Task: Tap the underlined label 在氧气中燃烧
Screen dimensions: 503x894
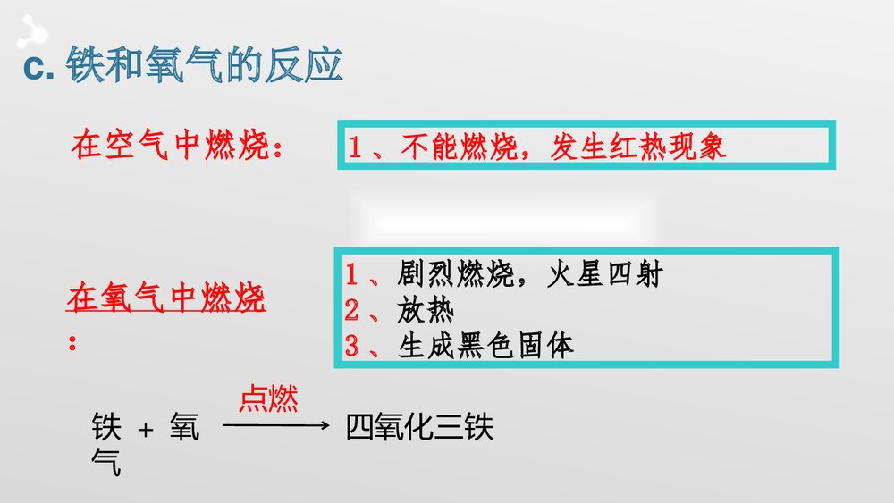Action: pos(165,298)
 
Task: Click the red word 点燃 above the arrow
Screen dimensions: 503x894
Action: pos(268,399)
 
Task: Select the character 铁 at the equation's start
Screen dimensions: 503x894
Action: pos(106,428)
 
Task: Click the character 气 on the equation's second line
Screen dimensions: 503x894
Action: pos(106,463)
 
